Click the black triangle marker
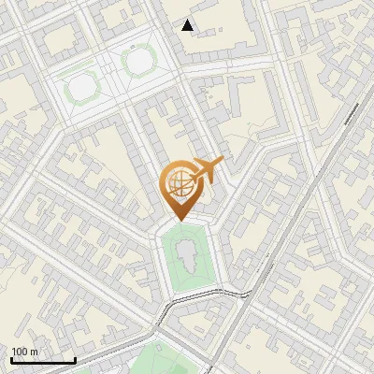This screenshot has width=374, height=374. click(188, 25)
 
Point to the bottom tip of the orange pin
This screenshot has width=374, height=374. click(179, 219)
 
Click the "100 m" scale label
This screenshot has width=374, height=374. click(24, 351)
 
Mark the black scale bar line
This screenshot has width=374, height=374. click(43, 360)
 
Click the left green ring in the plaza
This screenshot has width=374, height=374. click(81, 86)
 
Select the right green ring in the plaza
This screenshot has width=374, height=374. click(138, 62)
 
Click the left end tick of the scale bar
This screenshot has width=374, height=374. click(11, 359)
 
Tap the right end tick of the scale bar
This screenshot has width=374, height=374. click(75, 359)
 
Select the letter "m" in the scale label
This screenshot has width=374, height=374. click(34, 351)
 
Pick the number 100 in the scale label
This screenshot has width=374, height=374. click(20, 351)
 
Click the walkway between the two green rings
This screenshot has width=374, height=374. click(110, 74)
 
